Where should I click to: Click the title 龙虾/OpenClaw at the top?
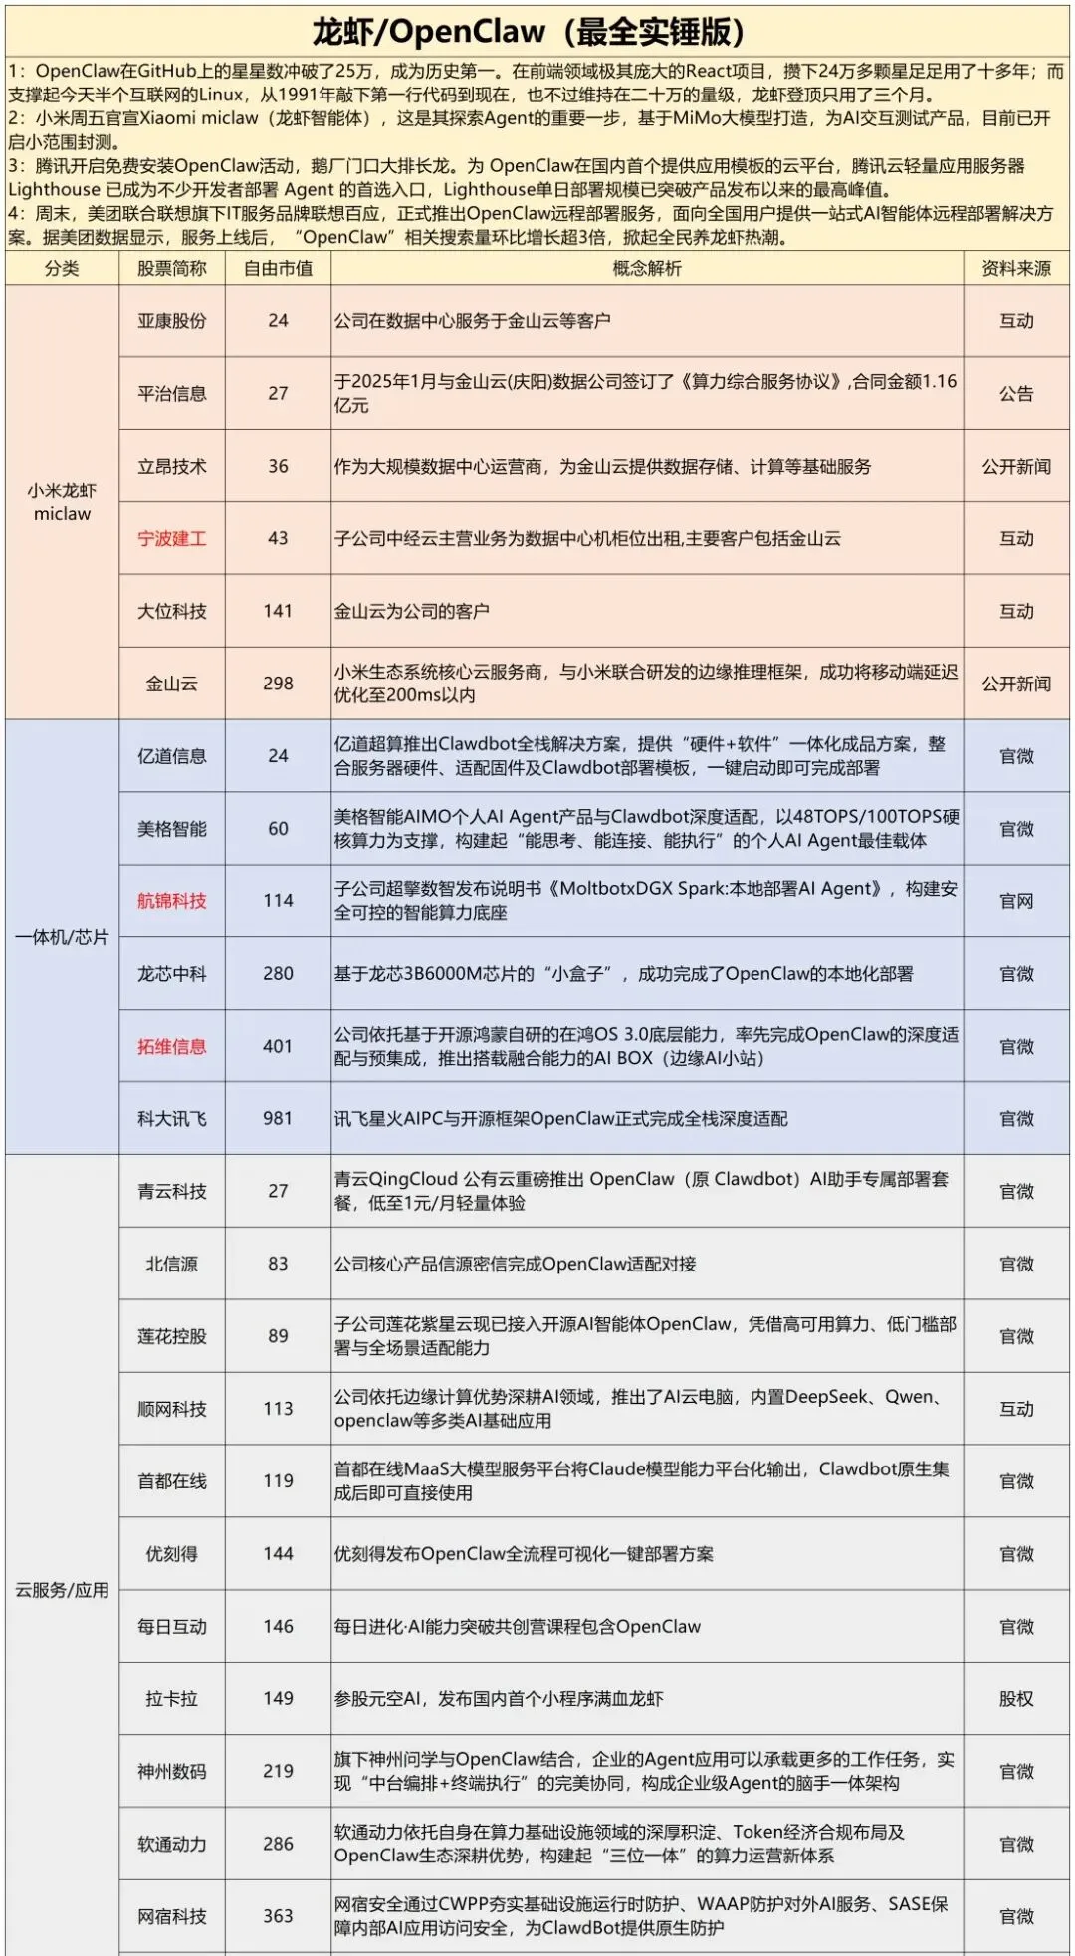[x=529, y=32]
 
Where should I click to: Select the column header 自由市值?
[x=278, y=268]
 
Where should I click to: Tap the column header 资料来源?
[x=1015, y=268]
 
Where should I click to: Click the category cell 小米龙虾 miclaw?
[x=62, y=502]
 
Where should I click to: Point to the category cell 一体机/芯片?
[x=62, y=937]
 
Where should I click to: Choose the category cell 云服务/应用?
[x=62, y=1590]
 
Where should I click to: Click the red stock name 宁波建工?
[x=172, y=539]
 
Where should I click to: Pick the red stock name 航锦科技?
[x=172, y=901]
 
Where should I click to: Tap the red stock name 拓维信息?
[x=172, y=1047]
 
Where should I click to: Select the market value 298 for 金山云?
[x=278, y=684]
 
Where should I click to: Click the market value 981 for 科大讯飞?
[x=278, y=1119]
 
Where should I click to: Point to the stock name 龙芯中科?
[x=172, y=974]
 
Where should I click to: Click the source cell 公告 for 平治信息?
[x=1015, y=394]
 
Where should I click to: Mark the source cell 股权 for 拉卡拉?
[x=1015, y=1699]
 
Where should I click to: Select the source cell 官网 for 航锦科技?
[x=1015, y=901]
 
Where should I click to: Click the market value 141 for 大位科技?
[x=278, y=611]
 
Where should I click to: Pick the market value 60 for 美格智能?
[x=278, y=829]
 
